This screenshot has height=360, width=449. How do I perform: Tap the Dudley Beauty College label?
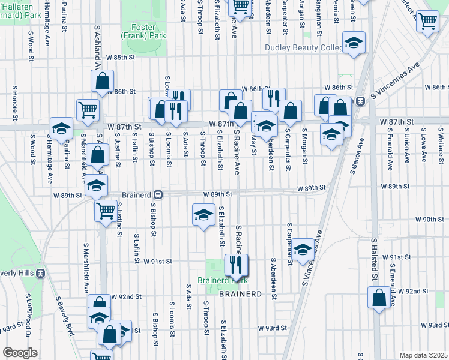304,48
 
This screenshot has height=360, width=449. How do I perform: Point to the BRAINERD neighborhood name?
240,294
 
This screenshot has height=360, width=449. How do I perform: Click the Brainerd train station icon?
158,194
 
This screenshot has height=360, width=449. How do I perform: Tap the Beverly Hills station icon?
41,273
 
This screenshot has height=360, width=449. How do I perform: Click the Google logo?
20,353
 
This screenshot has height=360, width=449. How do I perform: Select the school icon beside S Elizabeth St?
203,214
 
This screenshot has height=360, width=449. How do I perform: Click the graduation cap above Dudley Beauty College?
354,42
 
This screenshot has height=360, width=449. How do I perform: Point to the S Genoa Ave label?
361,154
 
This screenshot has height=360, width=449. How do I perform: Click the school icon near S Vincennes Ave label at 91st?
303,248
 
